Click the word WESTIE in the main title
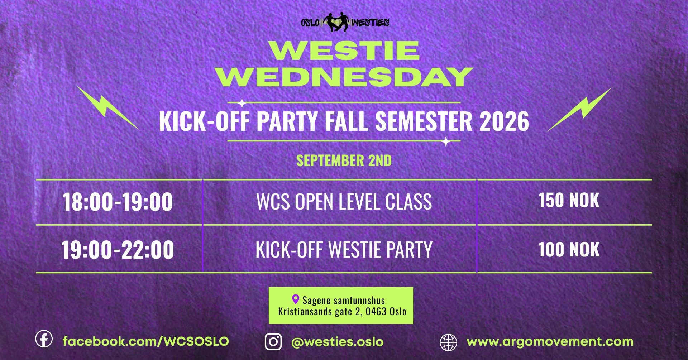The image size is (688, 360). click(344, 51)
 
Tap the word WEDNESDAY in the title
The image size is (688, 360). click(344, 77)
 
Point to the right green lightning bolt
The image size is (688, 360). click(579, 109)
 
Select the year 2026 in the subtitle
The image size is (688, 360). click(504, 121)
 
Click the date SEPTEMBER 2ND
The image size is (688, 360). click(344, 160)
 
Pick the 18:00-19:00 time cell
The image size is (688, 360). click(118, 202)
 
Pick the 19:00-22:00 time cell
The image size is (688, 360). click(118, 250)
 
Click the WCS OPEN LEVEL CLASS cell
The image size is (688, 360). click(344, 202)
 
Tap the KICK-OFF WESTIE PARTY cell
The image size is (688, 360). click(344, 250)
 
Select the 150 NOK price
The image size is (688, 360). click(569, 200)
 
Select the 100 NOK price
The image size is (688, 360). click(569, 250)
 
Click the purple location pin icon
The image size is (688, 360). click(295, 299)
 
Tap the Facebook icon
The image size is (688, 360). click(44, 339)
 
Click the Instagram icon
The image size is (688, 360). click(273, 341)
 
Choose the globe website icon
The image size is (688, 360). click(448, 342)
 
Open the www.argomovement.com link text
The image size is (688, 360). click(550, 342)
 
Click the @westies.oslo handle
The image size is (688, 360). click(338, 342)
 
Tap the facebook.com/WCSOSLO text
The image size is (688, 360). click(146, 341)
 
